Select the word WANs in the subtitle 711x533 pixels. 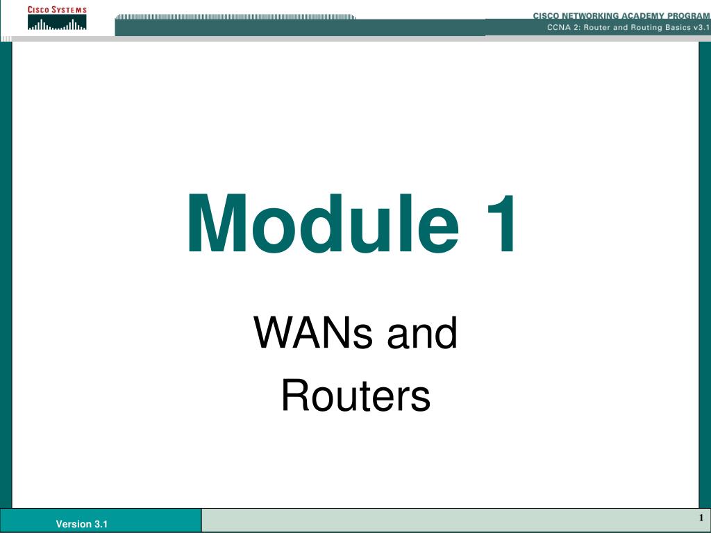313,332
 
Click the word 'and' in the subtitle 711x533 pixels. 422,332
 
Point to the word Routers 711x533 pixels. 356,395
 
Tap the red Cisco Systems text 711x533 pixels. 57,10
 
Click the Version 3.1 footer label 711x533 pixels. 82,524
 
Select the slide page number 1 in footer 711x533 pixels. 701,518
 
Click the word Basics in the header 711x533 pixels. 678,27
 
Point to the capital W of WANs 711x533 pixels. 274,332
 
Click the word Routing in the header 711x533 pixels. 646,27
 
